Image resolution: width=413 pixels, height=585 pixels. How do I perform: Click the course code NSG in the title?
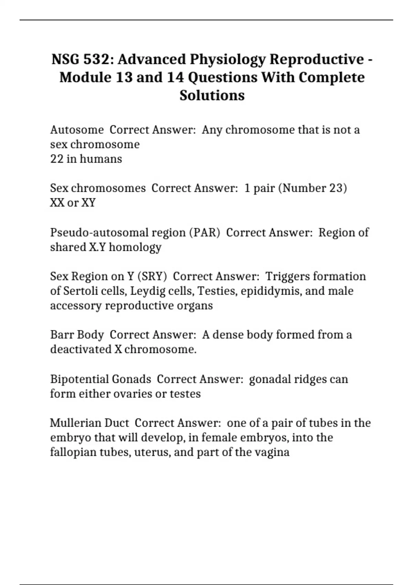point(65,59)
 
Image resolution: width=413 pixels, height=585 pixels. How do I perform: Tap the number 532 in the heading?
point(96,59)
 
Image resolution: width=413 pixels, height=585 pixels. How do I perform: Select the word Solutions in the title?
point(212,95)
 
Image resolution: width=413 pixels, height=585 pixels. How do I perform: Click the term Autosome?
point(77,130)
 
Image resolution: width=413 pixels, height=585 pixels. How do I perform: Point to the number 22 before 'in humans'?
point(57,159)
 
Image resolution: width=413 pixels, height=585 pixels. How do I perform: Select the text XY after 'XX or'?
point(88,203)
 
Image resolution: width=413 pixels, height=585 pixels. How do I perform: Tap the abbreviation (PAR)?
point(204,233)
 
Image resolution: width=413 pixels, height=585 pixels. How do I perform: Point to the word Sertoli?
point(81,291)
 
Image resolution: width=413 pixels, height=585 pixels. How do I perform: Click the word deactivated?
point(81,349)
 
